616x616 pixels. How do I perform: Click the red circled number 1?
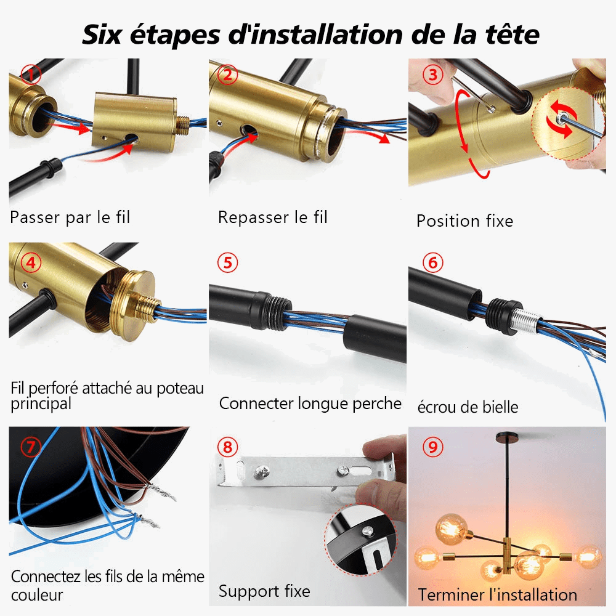coord(31,75)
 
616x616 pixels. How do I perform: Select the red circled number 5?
coord(228,262)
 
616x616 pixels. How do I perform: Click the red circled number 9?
coord(433,447)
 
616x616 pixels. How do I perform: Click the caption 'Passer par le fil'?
coord(70,217)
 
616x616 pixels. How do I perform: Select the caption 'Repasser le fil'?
coord(273,217)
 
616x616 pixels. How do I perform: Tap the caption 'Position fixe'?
coord(464,221)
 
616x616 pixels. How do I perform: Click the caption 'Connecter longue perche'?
coord(310,403)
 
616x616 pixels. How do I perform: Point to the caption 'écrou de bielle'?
coord(468,407)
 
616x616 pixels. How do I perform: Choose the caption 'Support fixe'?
coord(264,592)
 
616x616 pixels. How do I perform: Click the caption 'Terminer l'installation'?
coord(497,594)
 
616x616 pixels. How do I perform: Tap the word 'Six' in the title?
coord(105,34)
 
